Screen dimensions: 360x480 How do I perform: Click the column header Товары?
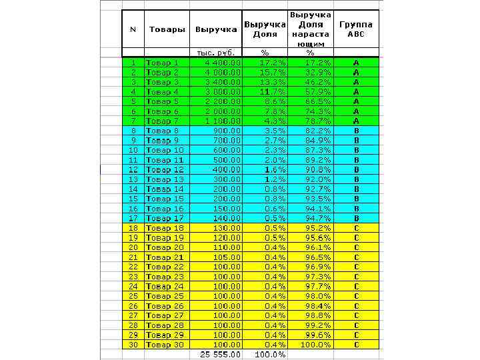pyautogui.click(x=167, y=29)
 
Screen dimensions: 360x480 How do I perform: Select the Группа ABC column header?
pyautogui.click(x=356, y=29)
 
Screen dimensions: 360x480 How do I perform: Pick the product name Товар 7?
pyautogui.click(x=162, y=121)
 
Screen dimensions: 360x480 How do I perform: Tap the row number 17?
pyautogui.click(x=133, y=218)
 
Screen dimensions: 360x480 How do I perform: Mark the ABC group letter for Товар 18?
pyautogui.click(x=356, y=228)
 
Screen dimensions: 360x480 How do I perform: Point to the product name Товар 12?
pyautogui.click(x=165, y=170)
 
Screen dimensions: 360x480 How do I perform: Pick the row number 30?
pyautogui.click(x=133, y=344)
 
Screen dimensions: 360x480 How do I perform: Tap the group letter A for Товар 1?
pyautogui.click(x=356, y=62)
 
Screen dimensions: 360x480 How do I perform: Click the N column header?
pyautogui.click(x=133, y=29)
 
